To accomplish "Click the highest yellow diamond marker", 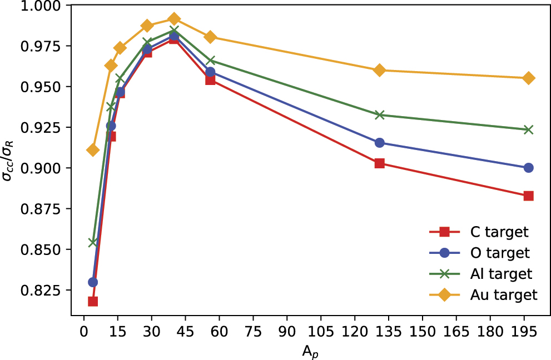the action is coord(174,19).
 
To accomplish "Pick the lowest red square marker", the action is coord(93,302).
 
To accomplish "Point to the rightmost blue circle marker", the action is coord(528,168).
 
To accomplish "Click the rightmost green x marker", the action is coord(528,129).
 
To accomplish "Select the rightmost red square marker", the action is coord(528,196).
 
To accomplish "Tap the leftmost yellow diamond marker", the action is coord(93,150).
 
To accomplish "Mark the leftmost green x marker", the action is coord(93,242).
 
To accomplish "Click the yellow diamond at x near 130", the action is coord(380,70).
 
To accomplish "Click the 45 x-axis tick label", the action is coord(186,332).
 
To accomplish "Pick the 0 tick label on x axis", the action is coord(84,332).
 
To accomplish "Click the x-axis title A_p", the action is coord(310,351).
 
